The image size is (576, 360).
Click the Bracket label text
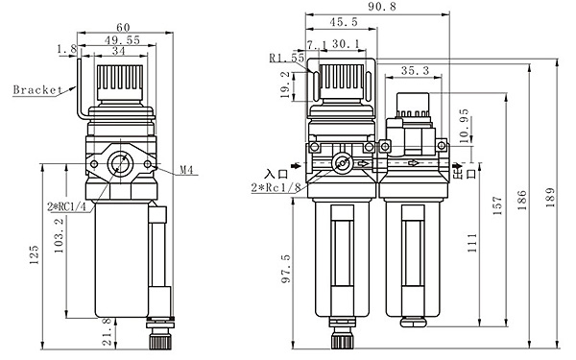[37, 89]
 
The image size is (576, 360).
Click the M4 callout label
[186, 170]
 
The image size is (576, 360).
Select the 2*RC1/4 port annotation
[66, 206]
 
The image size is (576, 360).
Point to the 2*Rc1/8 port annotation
[276, 188]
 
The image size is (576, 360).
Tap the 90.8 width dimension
[382, 7]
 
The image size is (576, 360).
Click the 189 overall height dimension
[549, 197]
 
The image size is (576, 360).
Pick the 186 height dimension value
[521, 200]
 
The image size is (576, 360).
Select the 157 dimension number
[496, 205]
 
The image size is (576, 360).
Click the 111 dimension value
[472, 243]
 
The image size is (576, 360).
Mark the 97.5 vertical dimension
[286, 269]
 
